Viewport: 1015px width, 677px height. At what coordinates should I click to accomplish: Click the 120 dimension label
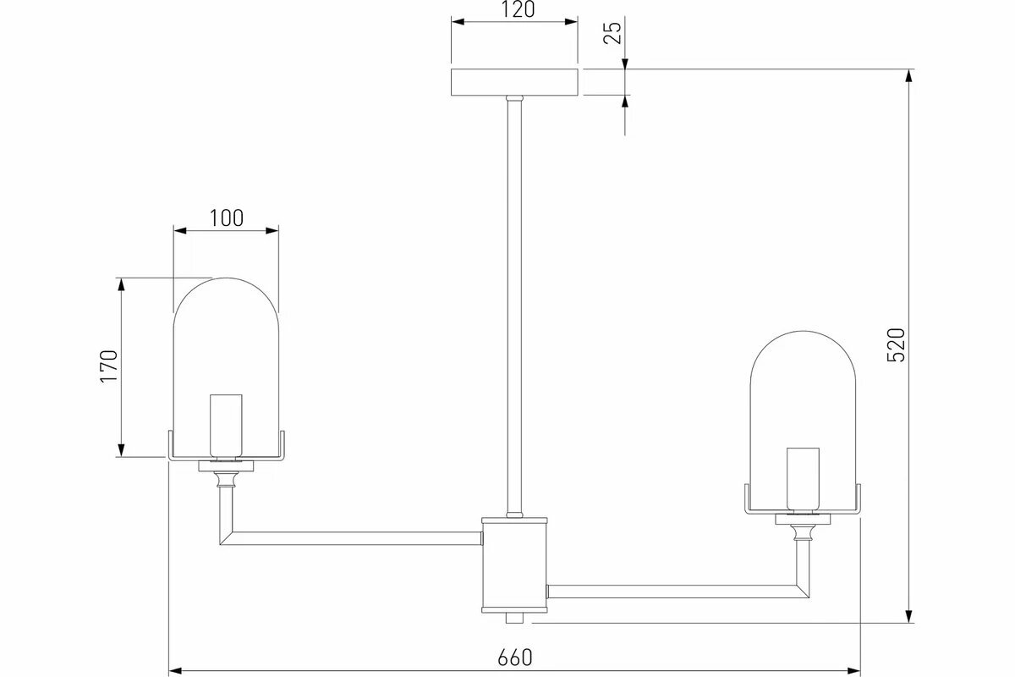514,10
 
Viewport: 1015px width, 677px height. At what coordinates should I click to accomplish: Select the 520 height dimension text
897,344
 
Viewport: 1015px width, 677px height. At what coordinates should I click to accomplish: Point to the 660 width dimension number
514,657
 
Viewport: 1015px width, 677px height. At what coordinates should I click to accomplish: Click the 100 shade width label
226,217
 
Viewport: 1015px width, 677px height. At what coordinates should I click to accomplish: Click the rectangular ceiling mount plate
514,83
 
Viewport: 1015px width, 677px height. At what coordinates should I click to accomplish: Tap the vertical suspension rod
514,305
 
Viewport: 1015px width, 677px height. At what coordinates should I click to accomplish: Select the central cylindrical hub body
514,564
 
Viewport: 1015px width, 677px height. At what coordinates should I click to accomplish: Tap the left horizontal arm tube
355,537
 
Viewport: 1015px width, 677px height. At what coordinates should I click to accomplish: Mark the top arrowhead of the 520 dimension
909,76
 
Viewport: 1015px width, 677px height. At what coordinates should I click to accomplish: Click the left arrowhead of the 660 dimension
176,670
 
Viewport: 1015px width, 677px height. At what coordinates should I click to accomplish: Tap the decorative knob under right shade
804,533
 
